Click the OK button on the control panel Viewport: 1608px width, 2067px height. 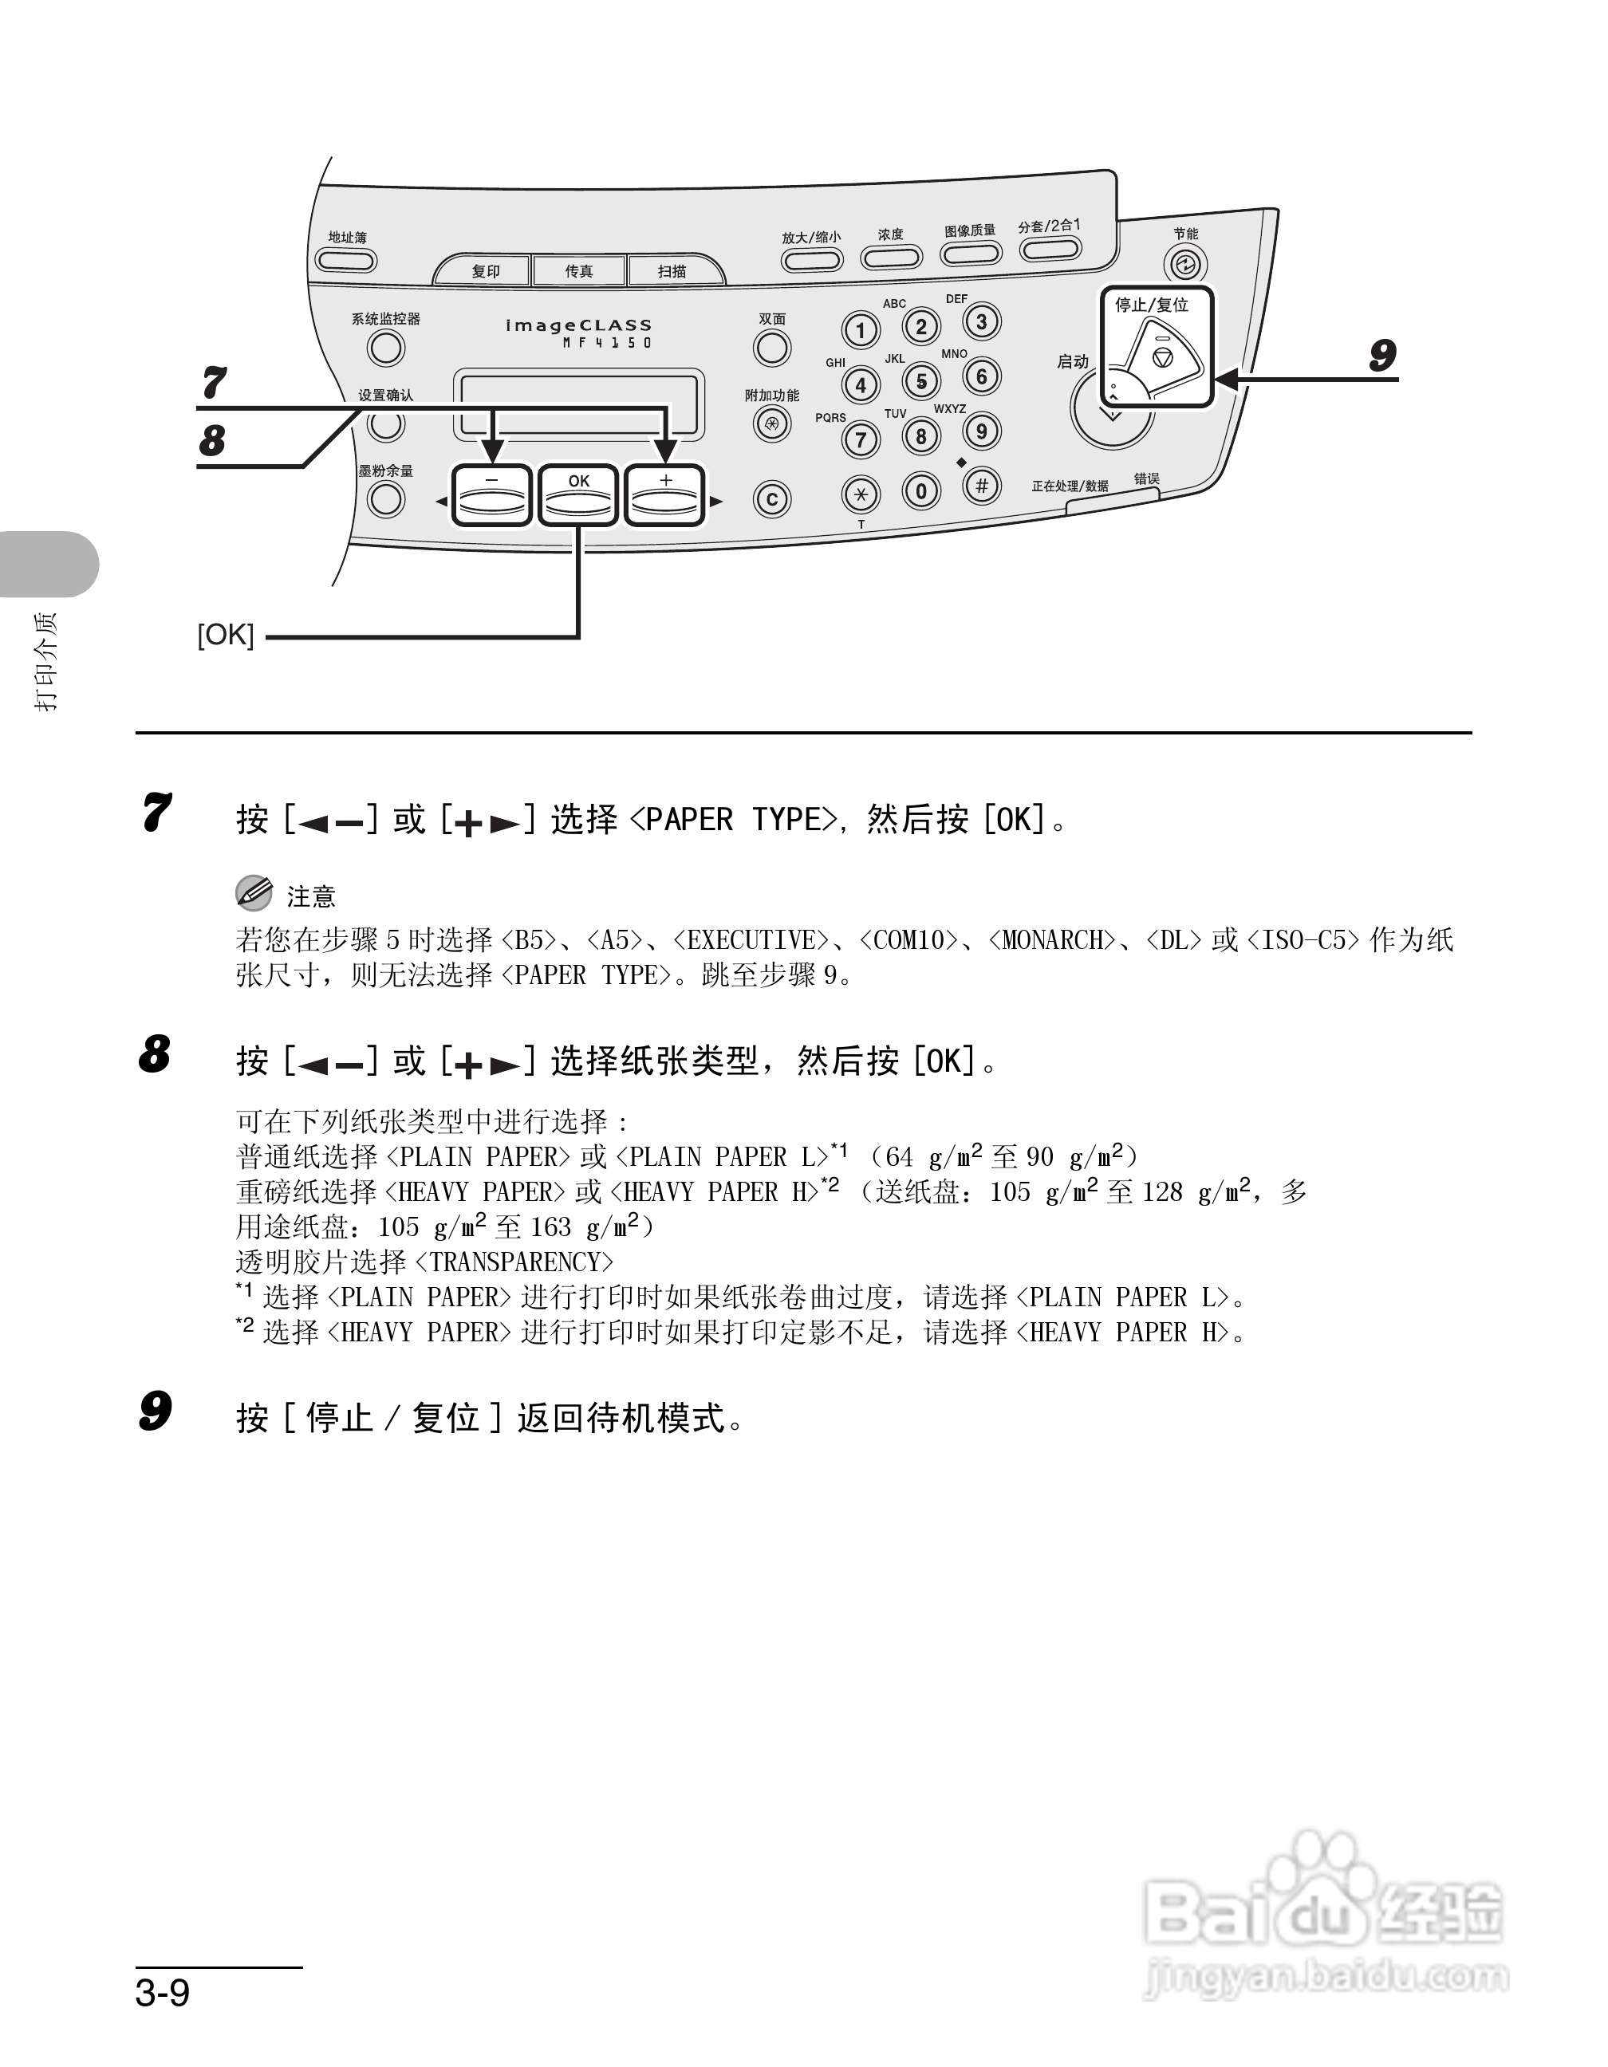coord(578,495)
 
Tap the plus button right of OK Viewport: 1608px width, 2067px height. coord(665,495)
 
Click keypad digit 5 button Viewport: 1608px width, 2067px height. coord(921,381)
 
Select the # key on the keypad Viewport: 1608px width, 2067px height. coord(981,486)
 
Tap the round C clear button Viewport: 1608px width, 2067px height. coord(772,500)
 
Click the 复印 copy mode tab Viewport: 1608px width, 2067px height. coord(485,270)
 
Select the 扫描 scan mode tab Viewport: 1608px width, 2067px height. coord(672,270)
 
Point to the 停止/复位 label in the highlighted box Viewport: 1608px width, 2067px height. coord(1151,305)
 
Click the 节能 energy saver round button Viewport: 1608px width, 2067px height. coord(1185,264)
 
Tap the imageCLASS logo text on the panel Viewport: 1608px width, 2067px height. coord(578,325)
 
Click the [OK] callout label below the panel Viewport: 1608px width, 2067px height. coord(225,634)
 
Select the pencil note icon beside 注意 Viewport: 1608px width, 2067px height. coord(253,892)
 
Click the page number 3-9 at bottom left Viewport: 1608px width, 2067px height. coord(163,1993)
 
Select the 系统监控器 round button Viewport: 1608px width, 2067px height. coord(386,348)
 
